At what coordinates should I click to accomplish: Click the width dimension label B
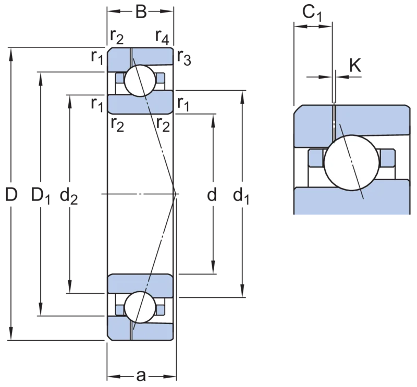pyautogui.click(x=141, y=11)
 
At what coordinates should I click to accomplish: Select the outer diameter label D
pyautogui.click(x=11, y=194)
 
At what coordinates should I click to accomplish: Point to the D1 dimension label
pyautogui.click(x=41, y=196)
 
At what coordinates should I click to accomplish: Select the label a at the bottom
pyautogui.click(x=141, y=376)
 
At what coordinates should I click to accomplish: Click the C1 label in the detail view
pyautogui.click(x=312, y=14)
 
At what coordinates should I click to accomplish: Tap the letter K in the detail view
pyautogui.click(x=355, y=66)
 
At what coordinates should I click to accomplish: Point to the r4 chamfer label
pyautogui.click(x=162, y=37)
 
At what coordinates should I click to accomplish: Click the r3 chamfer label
pyautogui.click(x=184, y=58)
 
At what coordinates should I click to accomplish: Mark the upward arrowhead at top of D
pyautogui.click(x=11, y=53)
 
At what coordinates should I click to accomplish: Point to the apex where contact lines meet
pyautogui.click(x=176, y=194)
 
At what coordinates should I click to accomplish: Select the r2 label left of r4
pyautogui.click(x=117, y=37)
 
